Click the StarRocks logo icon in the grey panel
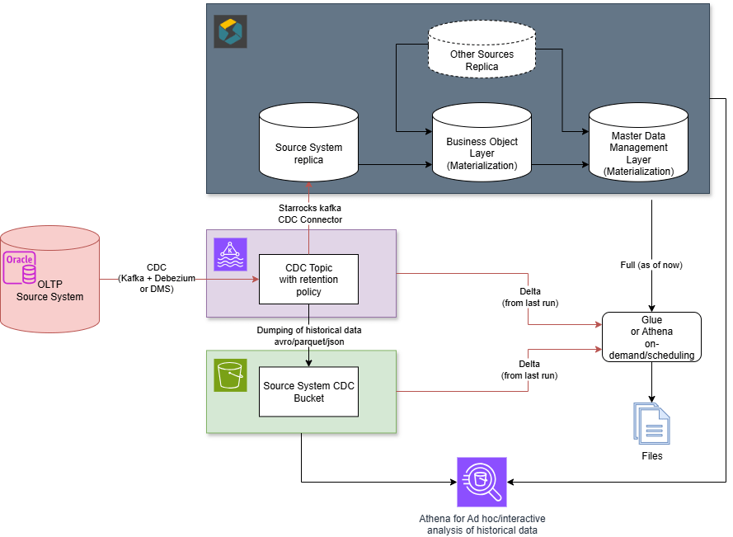point(230,31)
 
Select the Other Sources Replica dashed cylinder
point(482,54)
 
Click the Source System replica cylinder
point(308,148)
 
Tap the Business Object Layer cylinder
point(482,148)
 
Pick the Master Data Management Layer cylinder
point(638,148)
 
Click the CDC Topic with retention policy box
point(308,279)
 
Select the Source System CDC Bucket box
point(308,392)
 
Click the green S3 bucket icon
point(230,374)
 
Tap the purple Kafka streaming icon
point(230,254)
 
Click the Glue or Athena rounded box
point(651,337)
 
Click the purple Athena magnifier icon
point(482,482)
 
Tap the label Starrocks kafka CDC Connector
point(310,214)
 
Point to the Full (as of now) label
point(651,265)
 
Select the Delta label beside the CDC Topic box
point(529,298)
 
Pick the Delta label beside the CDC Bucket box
point(529,370)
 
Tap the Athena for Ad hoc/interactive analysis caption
point(482,524)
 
